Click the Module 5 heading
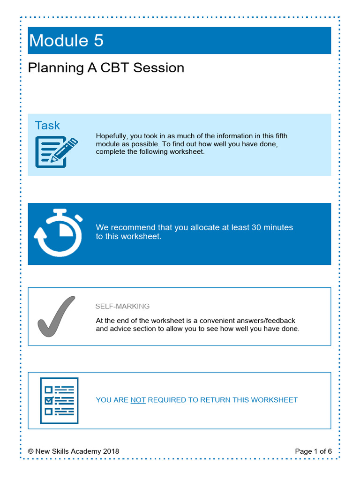(x=66, y=41)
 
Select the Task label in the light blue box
(x=47, y=125)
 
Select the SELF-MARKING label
(x=122, y=306)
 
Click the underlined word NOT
(x=138, y=400)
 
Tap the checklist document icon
(x=59, y=400)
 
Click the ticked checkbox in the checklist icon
(x=48, y=401)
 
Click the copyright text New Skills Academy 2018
(x=74, y=451)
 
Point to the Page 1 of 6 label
(x=313, y=451)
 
